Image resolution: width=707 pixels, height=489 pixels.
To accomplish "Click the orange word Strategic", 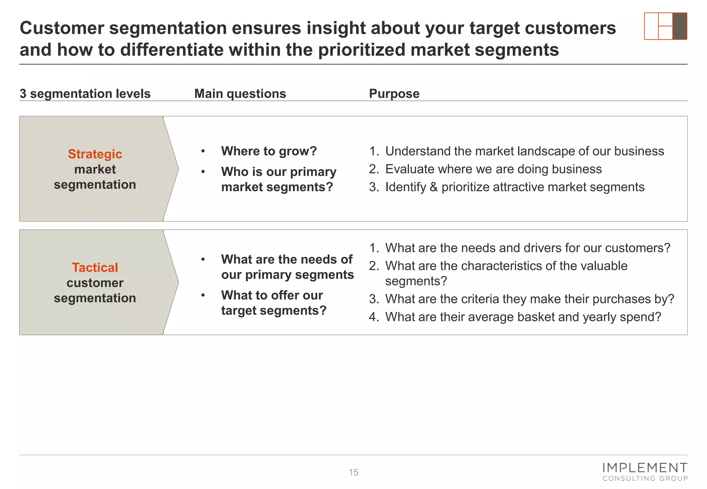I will point(95,154).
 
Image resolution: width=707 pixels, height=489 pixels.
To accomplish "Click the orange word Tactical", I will point(95,268).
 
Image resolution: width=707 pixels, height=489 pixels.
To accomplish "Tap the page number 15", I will point(353,472).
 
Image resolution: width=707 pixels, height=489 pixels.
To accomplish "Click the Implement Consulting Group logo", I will point(645,472).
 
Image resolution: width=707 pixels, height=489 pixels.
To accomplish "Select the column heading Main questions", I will point(240,94).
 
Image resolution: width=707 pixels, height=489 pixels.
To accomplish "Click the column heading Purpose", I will point(394,94).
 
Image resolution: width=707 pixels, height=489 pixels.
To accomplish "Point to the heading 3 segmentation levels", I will point(85,94).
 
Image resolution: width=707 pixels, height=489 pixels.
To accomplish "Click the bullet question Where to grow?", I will point(269,151).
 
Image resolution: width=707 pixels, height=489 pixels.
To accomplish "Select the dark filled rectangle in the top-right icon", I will point(679,26).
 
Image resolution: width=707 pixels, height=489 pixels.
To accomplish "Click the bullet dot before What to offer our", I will point(203,295).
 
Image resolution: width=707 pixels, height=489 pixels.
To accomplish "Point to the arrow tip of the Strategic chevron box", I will point(178,169).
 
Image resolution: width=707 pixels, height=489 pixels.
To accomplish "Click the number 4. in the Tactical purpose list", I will point(374,317).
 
